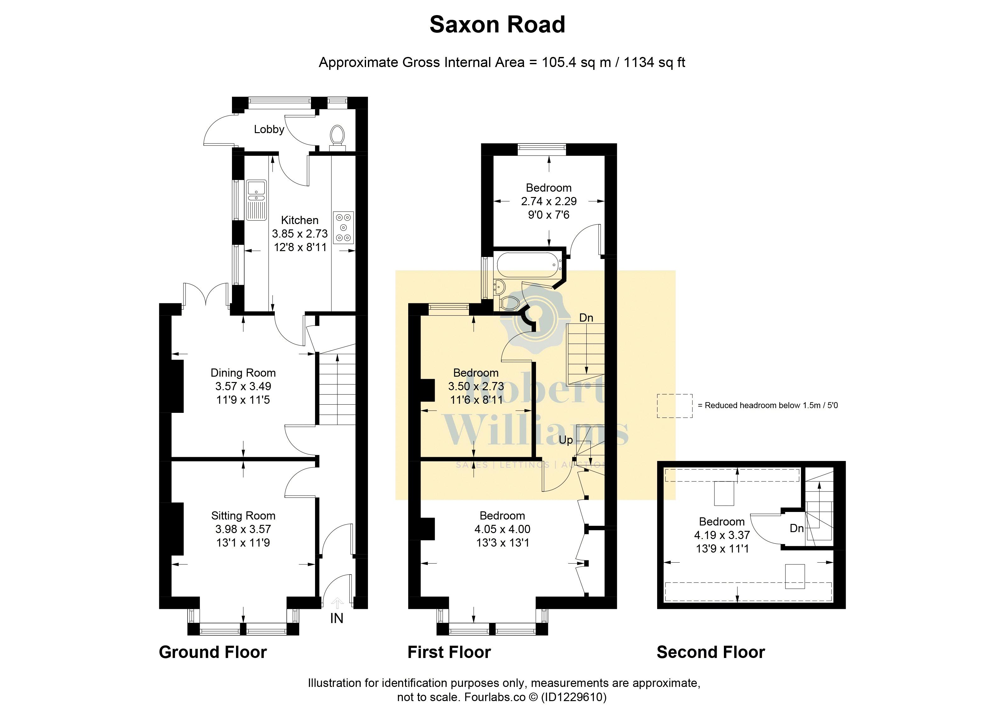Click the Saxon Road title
coord(497,25)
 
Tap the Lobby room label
coord(269,129)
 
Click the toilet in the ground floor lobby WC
coord(338,135)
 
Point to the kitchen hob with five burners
coord(343,228)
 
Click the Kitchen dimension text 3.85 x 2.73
coord(300,234)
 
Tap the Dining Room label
coord(243,373)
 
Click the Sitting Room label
coord(243,516)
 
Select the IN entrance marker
coord(337,618)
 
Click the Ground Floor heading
coord(212,652)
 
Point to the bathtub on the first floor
coord(527,265)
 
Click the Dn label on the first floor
coord(586,318)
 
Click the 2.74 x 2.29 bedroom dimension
coord(549,201)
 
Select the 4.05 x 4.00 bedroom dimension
coord(502,529)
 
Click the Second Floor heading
coord(710,652)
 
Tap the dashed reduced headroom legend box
coord(674,406)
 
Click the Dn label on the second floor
coord(796,528)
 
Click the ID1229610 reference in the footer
coord(574,697)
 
